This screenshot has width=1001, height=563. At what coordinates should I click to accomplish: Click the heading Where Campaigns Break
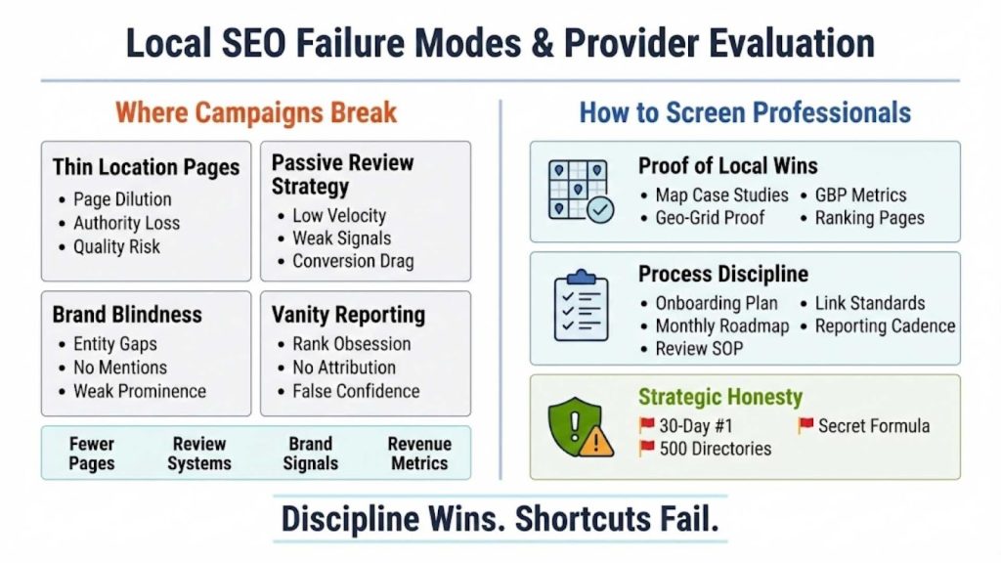pos(256,111)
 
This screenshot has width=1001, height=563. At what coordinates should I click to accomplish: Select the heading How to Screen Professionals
pos(745,111)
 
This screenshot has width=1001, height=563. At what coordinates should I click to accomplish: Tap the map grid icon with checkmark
pos(581,191)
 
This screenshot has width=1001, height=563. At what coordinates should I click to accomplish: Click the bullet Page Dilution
pos(122,199)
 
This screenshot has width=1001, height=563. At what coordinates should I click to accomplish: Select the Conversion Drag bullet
pos(353,261)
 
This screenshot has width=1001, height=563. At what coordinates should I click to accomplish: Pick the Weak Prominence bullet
pos(140,391)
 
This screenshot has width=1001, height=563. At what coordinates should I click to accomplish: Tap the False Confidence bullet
pos(356,391)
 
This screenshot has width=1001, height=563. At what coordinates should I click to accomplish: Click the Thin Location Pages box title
pos(146,167)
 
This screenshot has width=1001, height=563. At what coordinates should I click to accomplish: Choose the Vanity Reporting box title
pos(348,315)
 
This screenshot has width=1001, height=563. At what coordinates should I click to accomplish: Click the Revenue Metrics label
pos(419,454)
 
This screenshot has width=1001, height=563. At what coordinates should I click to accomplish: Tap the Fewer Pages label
pos(92,454)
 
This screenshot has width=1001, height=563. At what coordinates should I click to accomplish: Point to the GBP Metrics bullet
pos(860,195)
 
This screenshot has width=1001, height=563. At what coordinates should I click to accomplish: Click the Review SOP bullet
pos(699,349)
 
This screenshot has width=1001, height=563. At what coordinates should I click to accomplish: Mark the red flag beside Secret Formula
pos(805,425)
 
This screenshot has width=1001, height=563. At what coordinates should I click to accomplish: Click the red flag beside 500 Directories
pos(646,449)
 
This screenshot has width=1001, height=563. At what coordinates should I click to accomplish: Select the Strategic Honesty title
pos(720,397)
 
